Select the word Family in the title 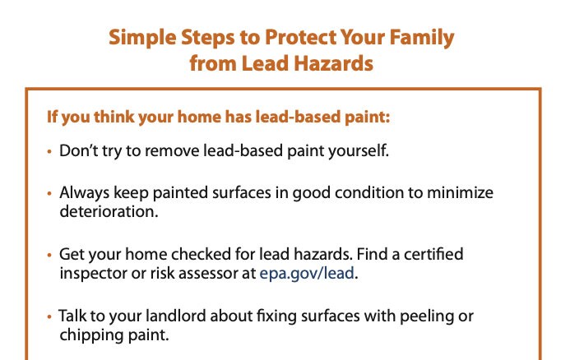click(422, 37)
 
